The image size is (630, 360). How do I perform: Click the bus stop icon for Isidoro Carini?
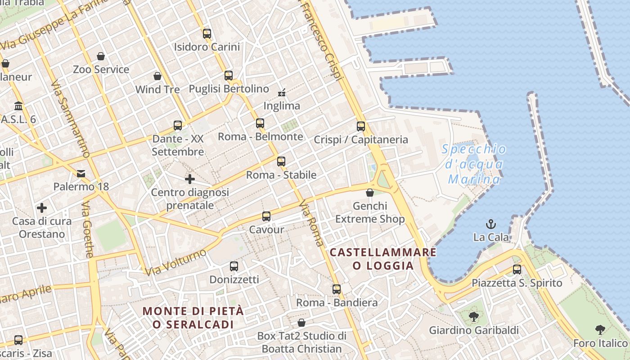point(207,33)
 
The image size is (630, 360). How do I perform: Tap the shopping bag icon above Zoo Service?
point(101,56)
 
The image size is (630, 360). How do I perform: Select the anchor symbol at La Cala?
point(491,224)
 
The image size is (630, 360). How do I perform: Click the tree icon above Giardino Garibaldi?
point(473,317)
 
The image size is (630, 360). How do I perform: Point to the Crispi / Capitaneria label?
point(361,139)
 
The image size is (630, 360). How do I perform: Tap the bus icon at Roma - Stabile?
point(281,161)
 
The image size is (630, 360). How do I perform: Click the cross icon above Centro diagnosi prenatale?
point(190,179)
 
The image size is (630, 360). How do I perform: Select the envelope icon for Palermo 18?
point(81,173)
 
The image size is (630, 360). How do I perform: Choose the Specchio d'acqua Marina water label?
point(474,164)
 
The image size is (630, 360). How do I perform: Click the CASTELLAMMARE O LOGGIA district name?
point(383,259)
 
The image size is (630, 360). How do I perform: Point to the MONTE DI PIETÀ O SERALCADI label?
point(193,317)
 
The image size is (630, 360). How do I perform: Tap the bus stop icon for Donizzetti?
point(234,266)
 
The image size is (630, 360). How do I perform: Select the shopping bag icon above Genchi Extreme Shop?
point(370,193)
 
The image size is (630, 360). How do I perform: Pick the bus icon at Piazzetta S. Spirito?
point(517,270)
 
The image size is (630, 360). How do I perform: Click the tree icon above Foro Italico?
point(600,330)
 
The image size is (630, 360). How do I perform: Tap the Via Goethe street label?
point(87,229)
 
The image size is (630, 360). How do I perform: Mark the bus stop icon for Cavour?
point(266,216)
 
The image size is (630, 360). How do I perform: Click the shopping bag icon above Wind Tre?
point(157,76)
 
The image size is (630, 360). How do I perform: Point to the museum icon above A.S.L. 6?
point(18,106)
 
